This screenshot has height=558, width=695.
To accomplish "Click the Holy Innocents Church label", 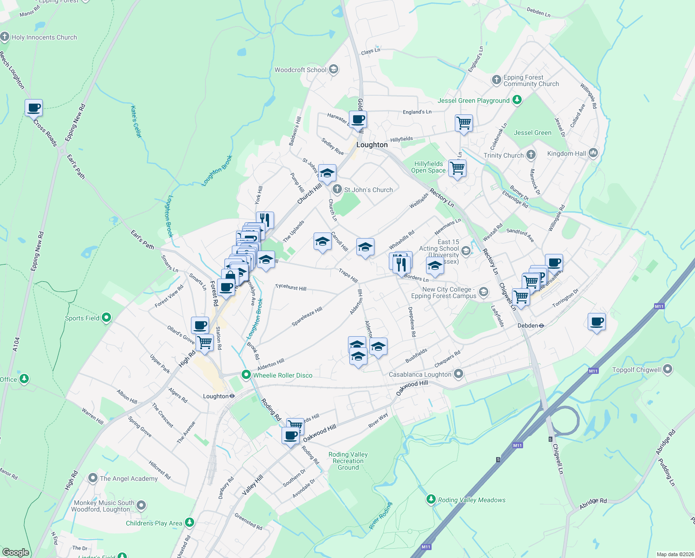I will pos(44,37).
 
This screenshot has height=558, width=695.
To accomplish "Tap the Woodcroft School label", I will pos(301,70).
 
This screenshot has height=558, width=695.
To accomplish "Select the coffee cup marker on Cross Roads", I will pos(34,108).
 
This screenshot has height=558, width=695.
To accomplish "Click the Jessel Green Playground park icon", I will pos(517,100).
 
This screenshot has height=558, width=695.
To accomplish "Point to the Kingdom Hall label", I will pos(566,153).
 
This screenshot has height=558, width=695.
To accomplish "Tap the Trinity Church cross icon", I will pos(531,155).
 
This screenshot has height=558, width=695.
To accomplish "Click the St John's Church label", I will pos(368,190).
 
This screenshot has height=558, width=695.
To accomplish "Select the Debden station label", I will pos(528,325).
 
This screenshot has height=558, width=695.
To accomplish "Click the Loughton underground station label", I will pos(216,396).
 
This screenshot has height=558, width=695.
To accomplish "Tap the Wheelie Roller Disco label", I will pos(282,375).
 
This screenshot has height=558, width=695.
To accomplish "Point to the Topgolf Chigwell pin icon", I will pos(668,370).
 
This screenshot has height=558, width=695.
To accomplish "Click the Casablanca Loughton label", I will pos(420,374).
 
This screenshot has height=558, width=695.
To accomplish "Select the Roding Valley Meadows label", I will pos(472,500).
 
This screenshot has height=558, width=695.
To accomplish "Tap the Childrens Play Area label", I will pos(154,523).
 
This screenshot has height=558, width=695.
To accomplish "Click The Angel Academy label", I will pos(129,478).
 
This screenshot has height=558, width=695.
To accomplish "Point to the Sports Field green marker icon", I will pos(106,318).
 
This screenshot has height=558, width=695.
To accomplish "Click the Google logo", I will pos(15,552).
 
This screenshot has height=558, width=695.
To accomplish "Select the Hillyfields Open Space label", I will pos(428,167).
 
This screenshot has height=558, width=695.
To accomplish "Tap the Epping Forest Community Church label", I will pos(531,80).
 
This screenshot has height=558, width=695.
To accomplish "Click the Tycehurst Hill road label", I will pos(290,288).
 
